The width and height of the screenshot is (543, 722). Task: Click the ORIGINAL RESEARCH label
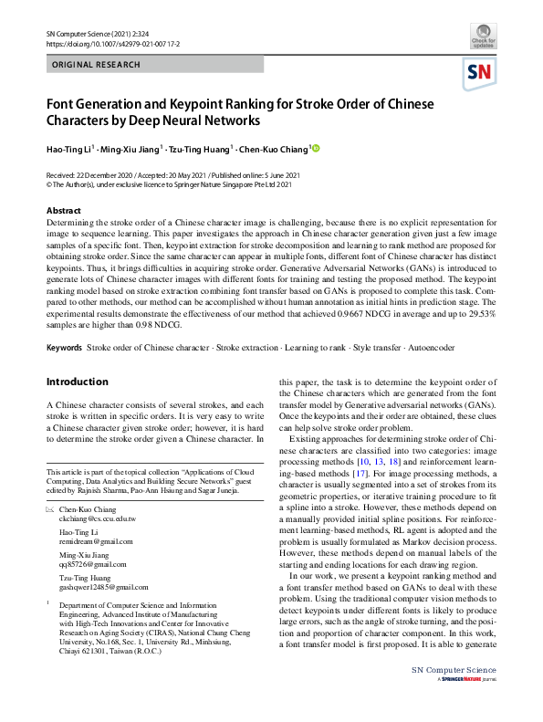click(97, 65)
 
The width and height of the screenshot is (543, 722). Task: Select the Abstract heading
click(63, 211)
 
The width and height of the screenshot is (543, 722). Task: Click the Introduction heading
click(77, 382)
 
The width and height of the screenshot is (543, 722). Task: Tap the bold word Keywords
click(65, 349)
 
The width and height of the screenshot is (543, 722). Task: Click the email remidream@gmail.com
click(95, 542)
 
